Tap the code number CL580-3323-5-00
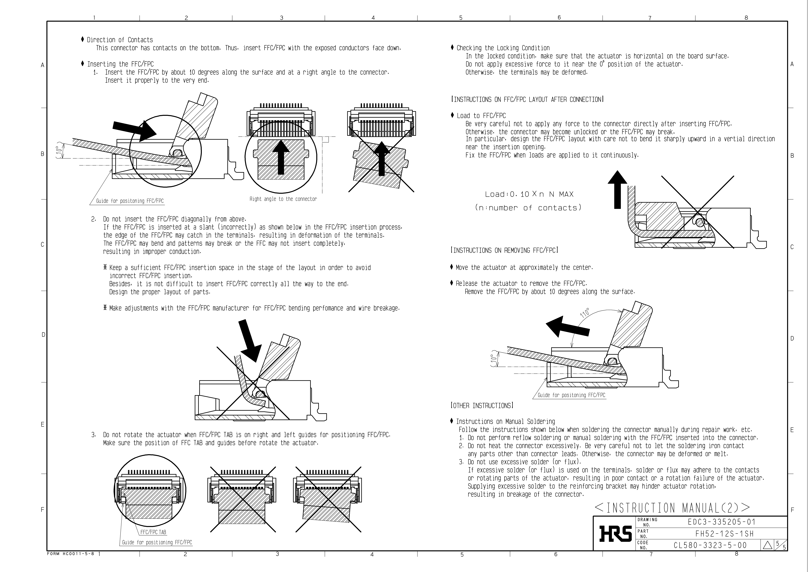[x=710, y=545]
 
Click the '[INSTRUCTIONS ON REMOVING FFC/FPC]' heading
[x=504, y=250]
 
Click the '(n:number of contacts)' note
[x=528, y=208]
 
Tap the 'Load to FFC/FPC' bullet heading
[x=481, y=116]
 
